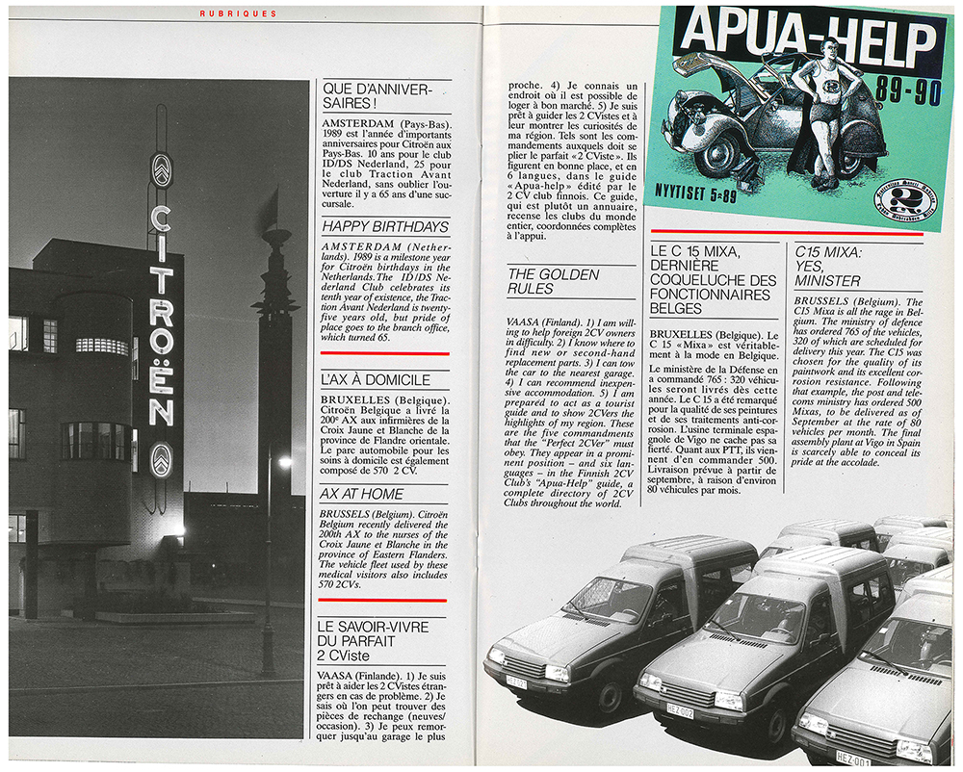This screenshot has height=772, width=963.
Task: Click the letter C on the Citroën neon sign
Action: [x=161, y=219]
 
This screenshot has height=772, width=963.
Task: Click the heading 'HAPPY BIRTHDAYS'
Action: [x=385, y=227]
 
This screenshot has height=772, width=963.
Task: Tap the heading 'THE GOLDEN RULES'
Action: [x=553, y=282]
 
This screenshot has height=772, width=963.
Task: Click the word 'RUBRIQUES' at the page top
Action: [x=237, y=13]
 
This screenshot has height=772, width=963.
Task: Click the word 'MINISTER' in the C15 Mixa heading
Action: [x=828, y=281]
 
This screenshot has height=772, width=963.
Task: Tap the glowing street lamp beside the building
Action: [x=285, y=462]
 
